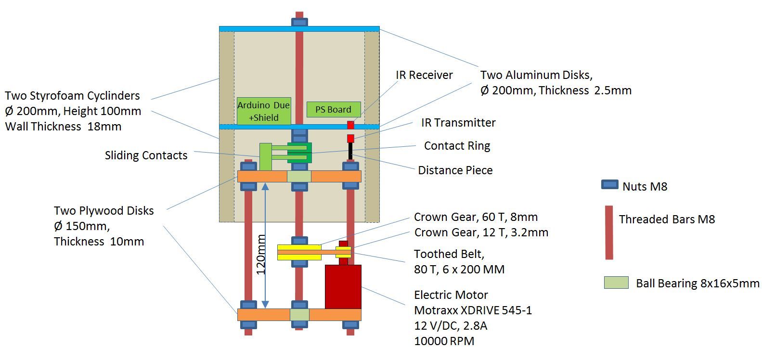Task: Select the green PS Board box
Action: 333,109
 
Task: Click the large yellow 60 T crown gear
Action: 299,252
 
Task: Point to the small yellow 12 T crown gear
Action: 344,252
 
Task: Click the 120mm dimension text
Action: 260,254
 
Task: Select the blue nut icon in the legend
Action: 609,185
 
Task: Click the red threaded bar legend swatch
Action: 609,232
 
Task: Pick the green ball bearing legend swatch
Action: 616,283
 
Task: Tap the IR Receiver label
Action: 424,75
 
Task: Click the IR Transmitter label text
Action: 458,123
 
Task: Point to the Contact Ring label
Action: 457,146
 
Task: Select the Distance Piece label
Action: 455,170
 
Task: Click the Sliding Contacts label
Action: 146,155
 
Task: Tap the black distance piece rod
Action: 351,152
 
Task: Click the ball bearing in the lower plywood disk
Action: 299,315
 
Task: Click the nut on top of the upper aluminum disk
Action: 299,22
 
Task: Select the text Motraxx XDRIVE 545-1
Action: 473,310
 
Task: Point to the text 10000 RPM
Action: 444,341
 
